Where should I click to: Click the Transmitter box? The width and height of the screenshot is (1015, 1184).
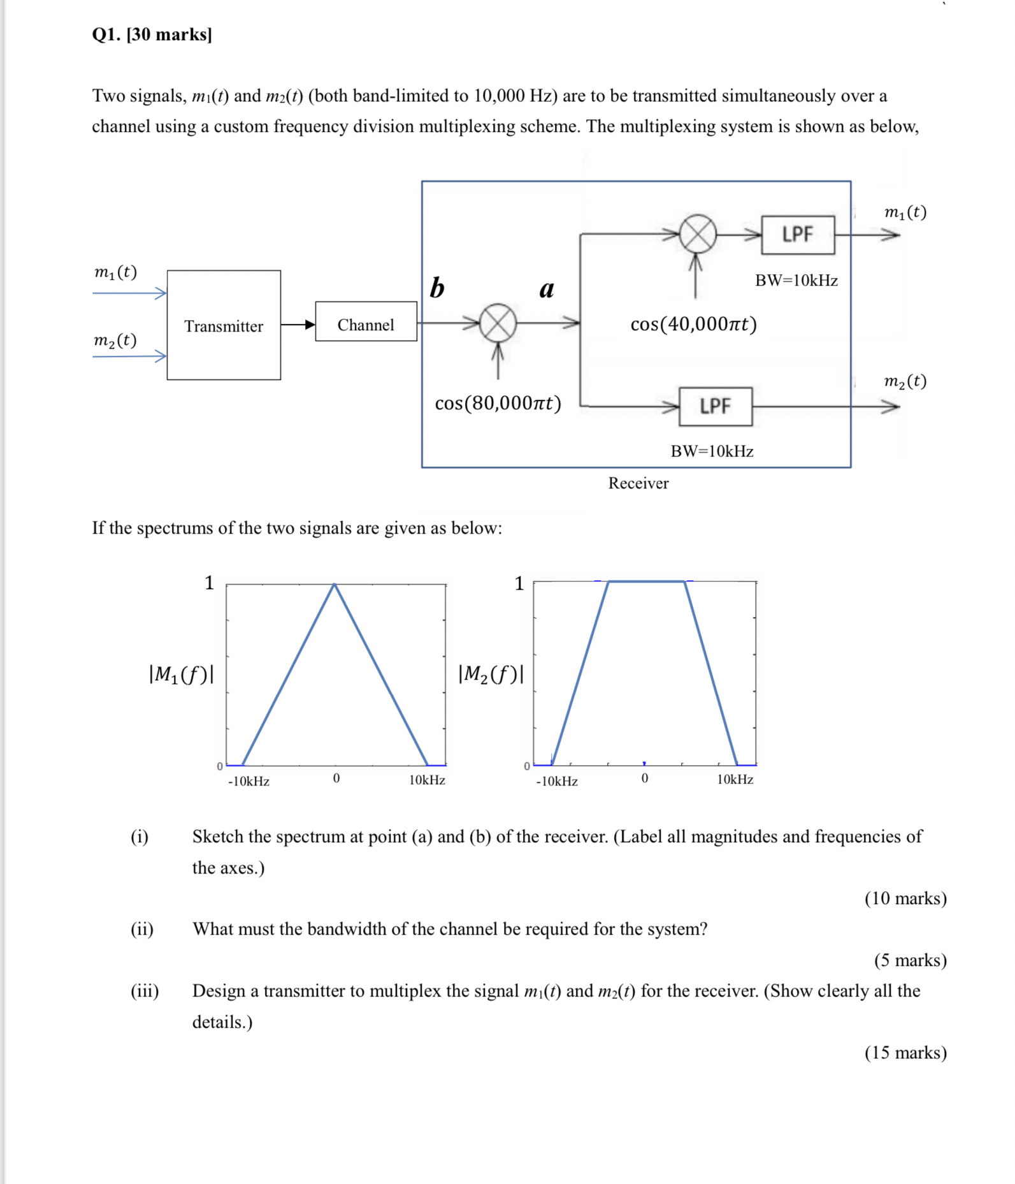point(224,325)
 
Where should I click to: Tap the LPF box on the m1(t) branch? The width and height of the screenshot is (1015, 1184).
point(797,235)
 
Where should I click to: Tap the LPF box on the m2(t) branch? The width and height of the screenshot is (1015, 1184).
point(715,406)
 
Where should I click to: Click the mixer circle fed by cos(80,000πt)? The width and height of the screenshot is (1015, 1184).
point(498,323)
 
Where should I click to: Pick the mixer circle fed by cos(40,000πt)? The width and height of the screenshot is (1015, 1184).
point(698,234)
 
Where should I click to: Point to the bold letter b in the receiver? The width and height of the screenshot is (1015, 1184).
point(437,288)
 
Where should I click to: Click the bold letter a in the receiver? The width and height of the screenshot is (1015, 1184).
point(547,289)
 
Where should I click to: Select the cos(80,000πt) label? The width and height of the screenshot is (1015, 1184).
point(498,403)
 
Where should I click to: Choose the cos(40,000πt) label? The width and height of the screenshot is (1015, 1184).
point(693,324)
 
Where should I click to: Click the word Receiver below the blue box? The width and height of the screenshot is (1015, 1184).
point(638,483)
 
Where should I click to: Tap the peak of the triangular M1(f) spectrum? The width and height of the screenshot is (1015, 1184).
point(335,584)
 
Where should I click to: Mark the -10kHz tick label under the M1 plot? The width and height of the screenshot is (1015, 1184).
point(248,781)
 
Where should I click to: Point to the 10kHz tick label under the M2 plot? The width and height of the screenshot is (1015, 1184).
point(735,780)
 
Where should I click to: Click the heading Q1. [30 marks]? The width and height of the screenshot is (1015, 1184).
point(152,34)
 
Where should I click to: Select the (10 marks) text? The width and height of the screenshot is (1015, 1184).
point(905,898)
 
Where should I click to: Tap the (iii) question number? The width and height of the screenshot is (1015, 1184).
point(145,991)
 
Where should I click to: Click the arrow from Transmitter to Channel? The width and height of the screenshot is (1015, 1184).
point(298,325)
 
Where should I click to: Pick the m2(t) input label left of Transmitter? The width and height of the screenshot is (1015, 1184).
point(115,340)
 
